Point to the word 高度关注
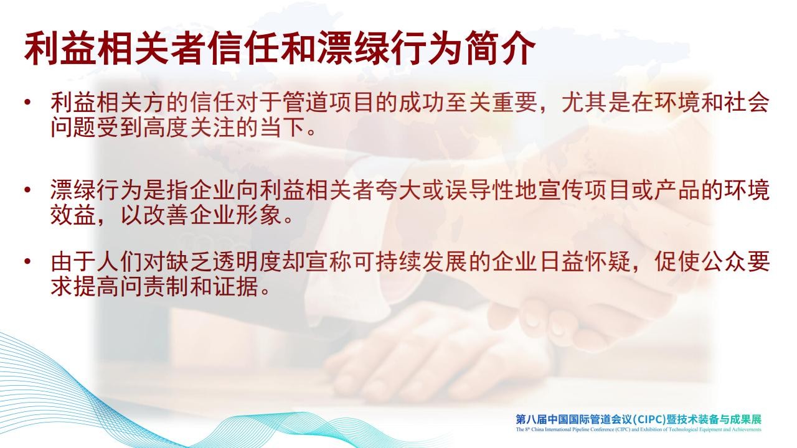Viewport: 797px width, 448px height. [x=189, y=128]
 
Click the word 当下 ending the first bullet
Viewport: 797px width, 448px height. [x=282, y=128]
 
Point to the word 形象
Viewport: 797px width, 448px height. [x=258, y=215]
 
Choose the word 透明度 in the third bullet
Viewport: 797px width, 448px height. [x=247, y=262]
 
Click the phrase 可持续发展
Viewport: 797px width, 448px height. [x=410, y=262]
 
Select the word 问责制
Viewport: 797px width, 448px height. [x=155, y=287]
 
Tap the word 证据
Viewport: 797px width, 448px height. [x=235, y=287]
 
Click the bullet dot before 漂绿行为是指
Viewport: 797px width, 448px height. [x=27, y=190]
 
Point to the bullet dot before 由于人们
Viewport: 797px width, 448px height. [x=27, y=261]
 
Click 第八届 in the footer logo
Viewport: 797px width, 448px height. [x=531, y=419]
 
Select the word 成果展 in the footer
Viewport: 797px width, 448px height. [x=746, y=419]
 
